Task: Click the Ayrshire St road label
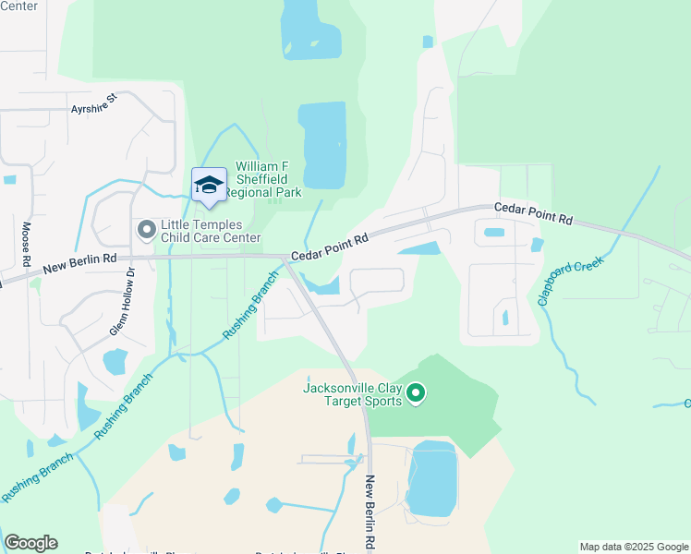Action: click(95, 103)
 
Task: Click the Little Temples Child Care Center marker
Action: click(146, 229)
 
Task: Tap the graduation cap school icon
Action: click(209, 185)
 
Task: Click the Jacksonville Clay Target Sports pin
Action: click(416, 394)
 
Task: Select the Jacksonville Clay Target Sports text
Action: click(353, 393)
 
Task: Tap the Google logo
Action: click(30, 543)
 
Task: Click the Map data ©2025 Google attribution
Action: click(633, 547)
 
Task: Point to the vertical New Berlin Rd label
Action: click(370, 512)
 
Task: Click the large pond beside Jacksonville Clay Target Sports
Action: click(431, 477)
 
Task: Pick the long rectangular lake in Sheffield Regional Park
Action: click(322, 145)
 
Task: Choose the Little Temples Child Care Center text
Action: click(211, 231)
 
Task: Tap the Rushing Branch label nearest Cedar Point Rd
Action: click(250, 305)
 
